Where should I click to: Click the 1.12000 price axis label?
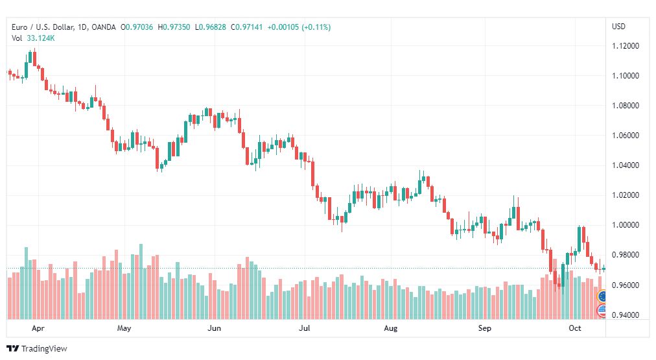pos(626,45)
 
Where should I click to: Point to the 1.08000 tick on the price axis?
pos(626,106)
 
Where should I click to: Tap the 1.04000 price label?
pos(626,165)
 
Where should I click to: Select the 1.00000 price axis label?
pos(626,225)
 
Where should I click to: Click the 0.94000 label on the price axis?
pos(626,315)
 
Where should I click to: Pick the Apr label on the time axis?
pos(38,328)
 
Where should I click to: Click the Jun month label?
pos(214,328)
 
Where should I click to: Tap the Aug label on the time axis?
pos(391,328)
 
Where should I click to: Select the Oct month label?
pos(575,328)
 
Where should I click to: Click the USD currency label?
pos(619,27)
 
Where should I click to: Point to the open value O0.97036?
pos(137,27)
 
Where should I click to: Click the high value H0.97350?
pos(174,27)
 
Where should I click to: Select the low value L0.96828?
pos(211,27)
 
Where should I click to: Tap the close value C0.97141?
pos(247,27)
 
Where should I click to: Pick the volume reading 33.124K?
pos(41,38)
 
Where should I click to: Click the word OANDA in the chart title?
pos(103,27)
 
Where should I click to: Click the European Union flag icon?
pos(602,296)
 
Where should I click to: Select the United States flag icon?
pos(602,310)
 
